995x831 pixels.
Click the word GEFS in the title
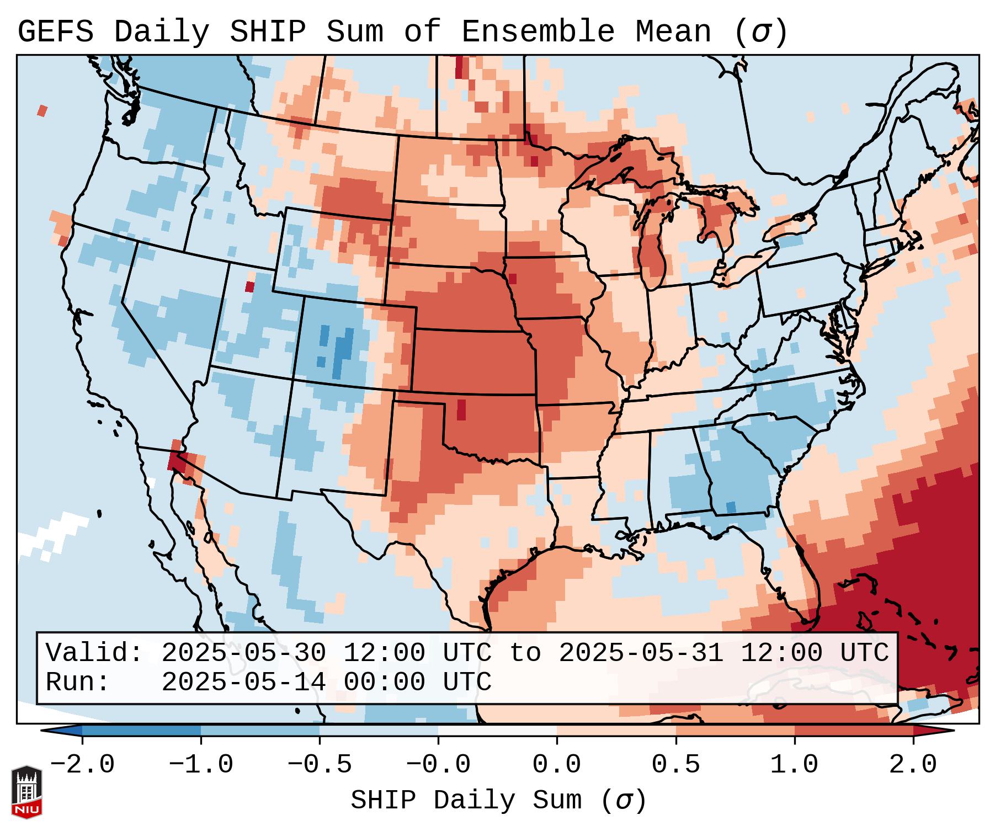[x=55, y=32]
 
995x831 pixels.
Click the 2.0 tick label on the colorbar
[x=913, y=765]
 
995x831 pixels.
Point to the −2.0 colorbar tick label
[x=82, y=765]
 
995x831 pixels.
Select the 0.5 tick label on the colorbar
[x=675, y=765]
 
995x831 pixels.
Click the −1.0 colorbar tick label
[x=201, y=765]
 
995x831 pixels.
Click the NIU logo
[x=26, y=792]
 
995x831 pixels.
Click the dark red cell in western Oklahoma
[x=461, y=409]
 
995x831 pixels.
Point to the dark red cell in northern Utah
[x=250, y=287]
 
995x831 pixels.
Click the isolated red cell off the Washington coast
[x=42, y=110]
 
